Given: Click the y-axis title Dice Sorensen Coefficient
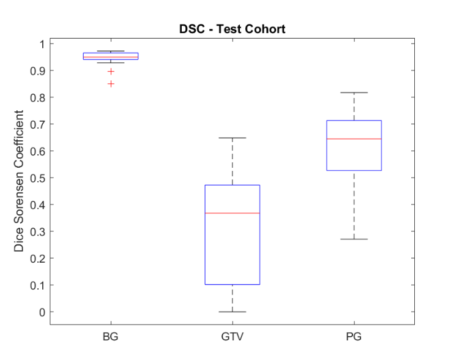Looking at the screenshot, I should (20, 181).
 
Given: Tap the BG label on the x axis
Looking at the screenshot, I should (110, 337).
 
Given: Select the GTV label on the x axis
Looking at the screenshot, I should (232, 337).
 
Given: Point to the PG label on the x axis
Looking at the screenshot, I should (354, 337).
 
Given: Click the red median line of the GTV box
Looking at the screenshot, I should (232, 213).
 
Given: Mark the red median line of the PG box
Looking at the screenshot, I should (354, 139).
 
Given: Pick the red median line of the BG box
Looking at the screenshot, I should (110, 57).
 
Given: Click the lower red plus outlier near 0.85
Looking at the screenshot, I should (110, 84).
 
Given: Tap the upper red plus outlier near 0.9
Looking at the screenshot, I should (110, 72).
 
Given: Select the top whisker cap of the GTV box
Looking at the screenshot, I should (232, 138).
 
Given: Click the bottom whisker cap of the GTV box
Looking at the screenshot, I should (232, 312).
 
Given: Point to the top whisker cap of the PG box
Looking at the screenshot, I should (354, 92).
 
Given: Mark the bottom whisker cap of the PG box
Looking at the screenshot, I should (354, 239).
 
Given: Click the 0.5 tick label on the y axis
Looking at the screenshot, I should (38, 178).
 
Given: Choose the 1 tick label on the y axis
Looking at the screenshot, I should (42, 44).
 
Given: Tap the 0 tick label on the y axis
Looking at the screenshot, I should (42, 312).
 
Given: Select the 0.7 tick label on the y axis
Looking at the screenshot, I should (38, 124).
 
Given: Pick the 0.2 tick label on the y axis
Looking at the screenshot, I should (38, 258).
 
